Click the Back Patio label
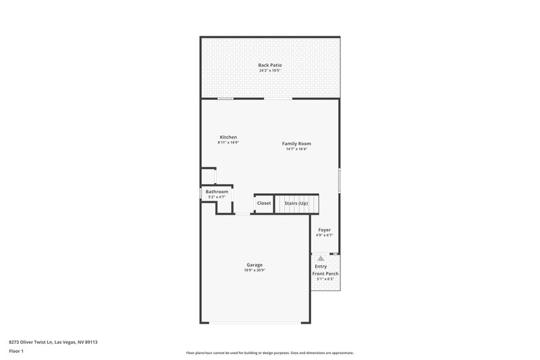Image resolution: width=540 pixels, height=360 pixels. [x=269, y=65]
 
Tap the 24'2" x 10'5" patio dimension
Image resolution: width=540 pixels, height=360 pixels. [x=269, y=70]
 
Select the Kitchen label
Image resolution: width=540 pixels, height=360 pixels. [x=227, y=137]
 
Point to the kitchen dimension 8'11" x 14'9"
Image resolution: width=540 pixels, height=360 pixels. [x=227, y=143]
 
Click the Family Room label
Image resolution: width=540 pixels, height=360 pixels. [x=296, y=143]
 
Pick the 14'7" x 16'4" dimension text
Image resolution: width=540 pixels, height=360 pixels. [x=296, y=149]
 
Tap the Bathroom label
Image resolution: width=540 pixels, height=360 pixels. [x=217, y=192]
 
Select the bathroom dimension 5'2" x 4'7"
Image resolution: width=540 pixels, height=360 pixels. [x=217, y=197]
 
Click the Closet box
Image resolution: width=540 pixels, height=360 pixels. [x=263, y=203]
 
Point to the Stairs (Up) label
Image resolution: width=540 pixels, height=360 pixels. [x=296, y=203]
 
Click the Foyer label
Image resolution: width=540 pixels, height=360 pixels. [x=325, y=230]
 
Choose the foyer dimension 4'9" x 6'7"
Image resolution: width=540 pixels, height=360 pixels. [x=325, y=236]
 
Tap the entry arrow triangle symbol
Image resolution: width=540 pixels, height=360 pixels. [x=321, y=258]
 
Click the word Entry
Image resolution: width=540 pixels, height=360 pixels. [x=321, y=266]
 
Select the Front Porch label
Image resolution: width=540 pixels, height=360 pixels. [x=325, y=274]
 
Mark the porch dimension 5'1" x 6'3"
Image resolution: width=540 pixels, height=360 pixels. [x=325, y=279]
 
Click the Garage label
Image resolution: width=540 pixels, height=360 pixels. [x=254, y=265]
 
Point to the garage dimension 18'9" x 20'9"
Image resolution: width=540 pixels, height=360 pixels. [x=254, y=270]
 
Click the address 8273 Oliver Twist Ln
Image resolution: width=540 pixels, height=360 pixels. [x=34, y=342]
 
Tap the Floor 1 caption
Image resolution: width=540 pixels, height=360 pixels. [x=17, y=351]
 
